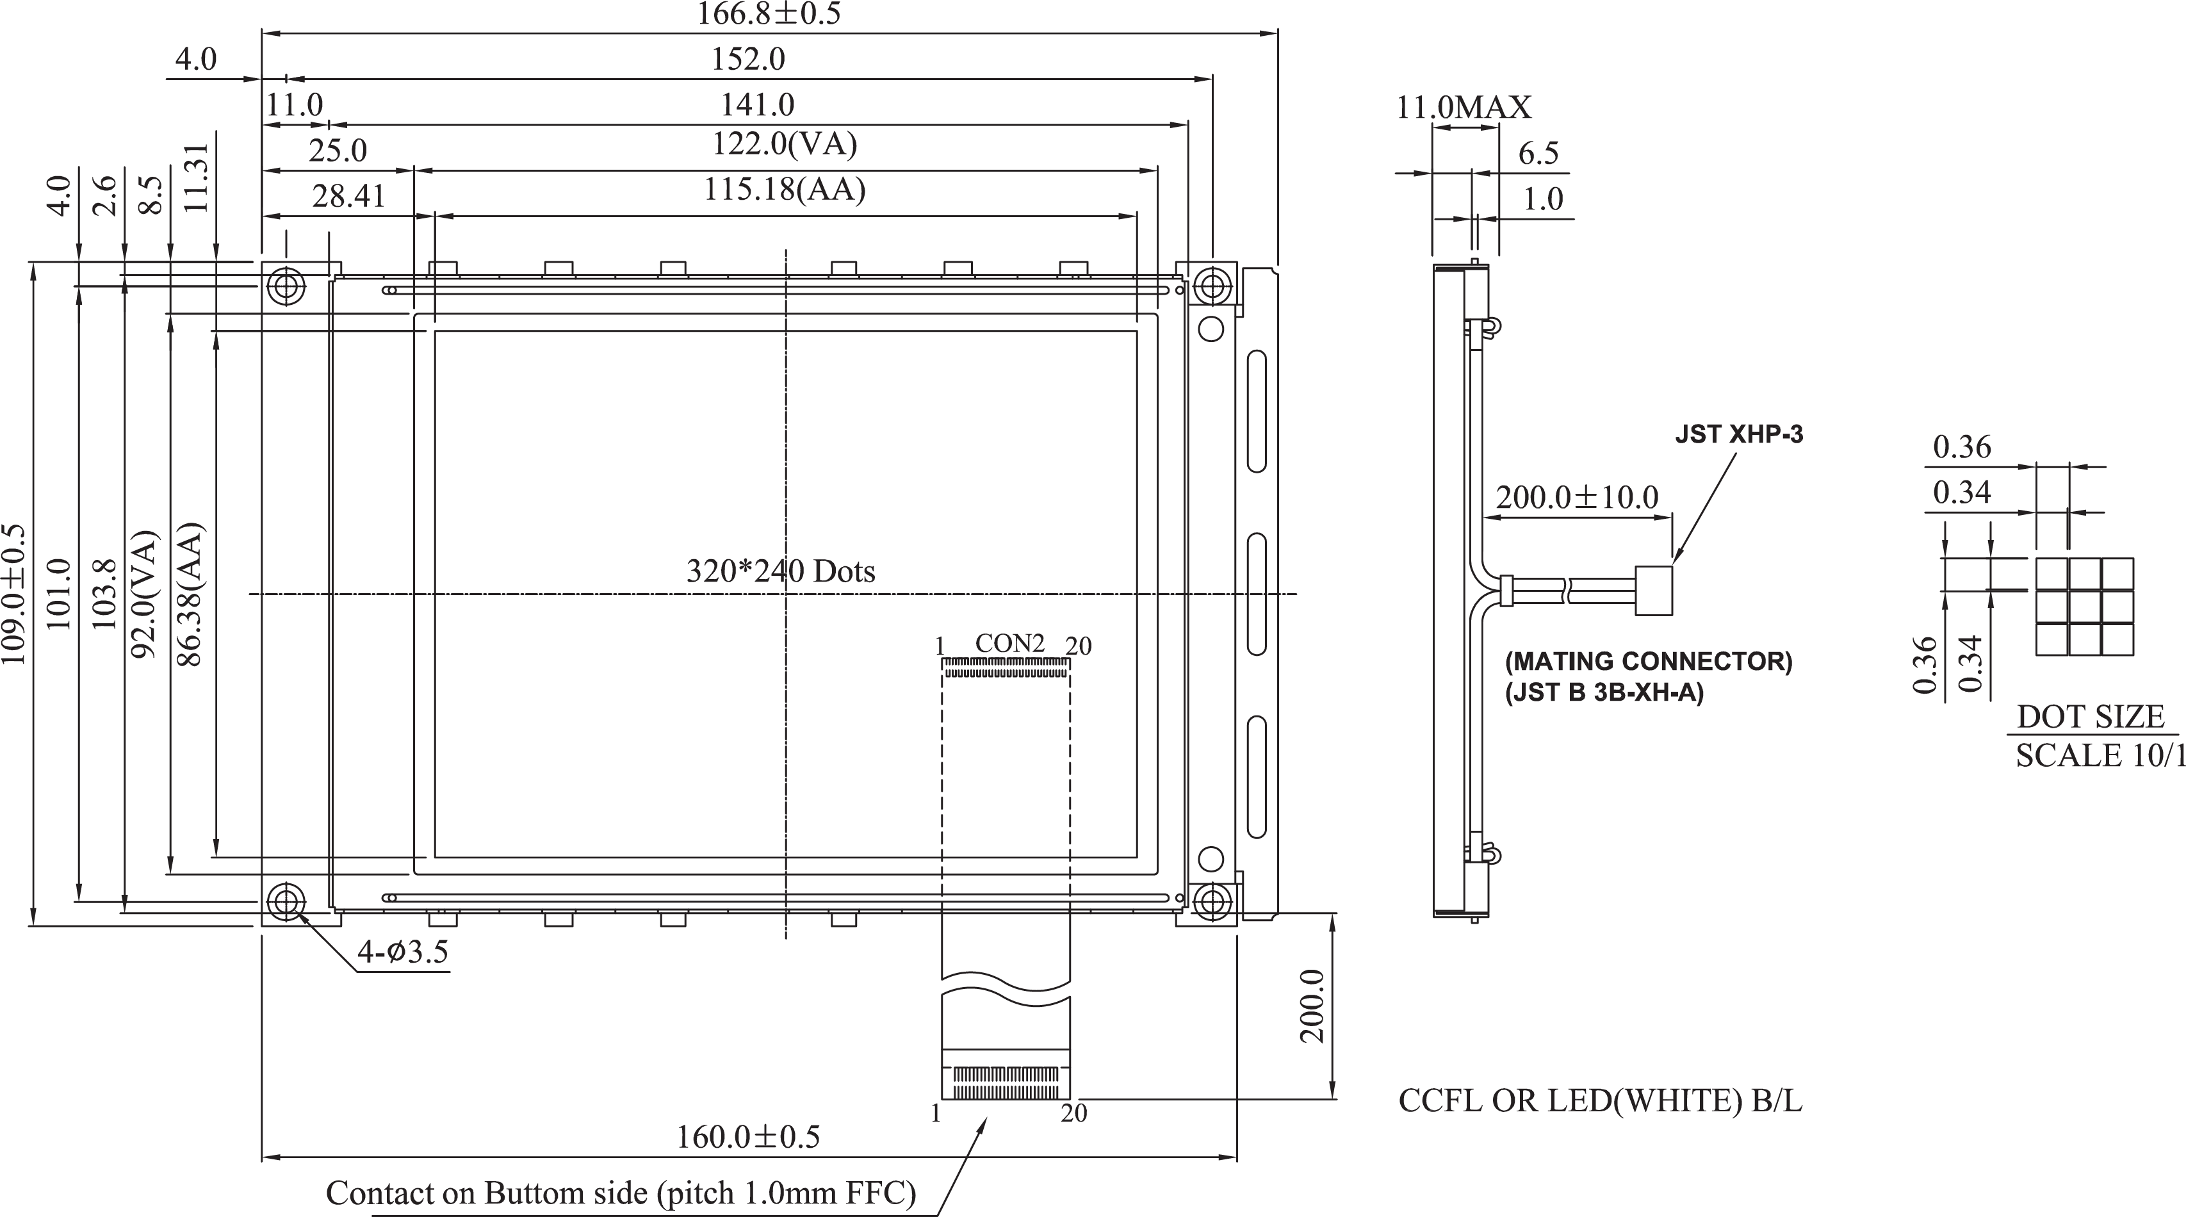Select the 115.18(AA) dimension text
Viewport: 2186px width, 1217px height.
pyautogui.click(x=784, y=189)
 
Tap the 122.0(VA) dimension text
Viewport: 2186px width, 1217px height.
pyautogui.click(x=783, y=144)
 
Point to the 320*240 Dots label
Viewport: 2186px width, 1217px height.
pyautogui.click(x=780, y=571)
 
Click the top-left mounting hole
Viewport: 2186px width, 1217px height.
pyautogui.click(x=286, y=286)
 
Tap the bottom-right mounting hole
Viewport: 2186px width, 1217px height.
pyautogui.click(x=1212, y=901)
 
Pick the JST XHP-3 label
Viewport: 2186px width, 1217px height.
pyautogui.click(x=1738, y=434)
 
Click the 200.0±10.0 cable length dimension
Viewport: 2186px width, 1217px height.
pyautogui.click(x=1576, y=497)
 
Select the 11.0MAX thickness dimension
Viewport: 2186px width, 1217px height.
pyautogui.click(x=1464, y=108)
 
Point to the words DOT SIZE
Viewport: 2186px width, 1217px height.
pyautogui.click(x=2090, y=717)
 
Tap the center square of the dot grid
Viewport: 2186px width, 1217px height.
pyautogui.click(x=2084, y=606)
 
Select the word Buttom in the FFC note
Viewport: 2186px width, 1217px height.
pyautogui.click(x=535, y=1193)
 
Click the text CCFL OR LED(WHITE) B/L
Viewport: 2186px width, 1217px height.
pyautogui.click(x=1599, y=1100)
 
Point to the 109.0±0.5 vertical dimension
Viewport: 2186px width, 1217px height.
pyautogui.click(x=15, y=594)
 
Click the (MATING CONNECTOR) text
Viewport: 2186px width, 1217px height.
pyautogui.click(x=1648, y=661)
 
